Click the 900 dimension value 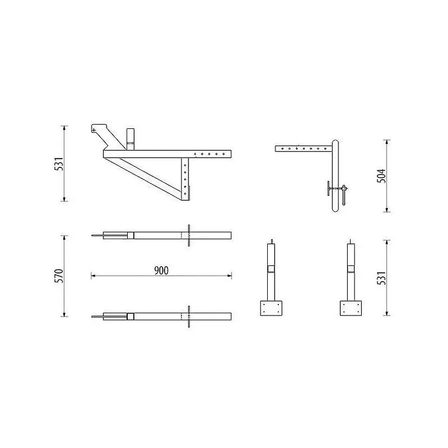[x=162, y=270]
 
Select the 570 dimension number [x=58, y=276]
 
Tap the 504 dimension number [x=381, y=176]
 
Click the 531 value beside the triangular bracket [x=58, y=164]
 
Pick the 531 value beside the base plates [x=381, y=278]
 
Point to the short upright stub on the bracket [x=130, y=139]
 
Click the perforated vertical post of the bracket [x=185, y=179]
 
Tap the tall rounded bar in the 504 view [x=335, y=176]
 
